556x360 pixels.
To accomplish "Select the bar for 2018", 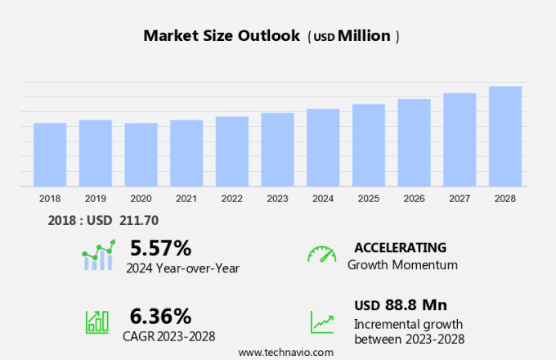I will coord(50,155).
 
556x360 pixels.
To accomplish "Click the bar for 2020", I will coord(141,155).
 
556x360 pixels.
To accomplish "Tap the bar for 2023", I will coord(277,150).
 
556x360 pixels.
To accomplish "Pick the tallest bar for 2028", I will coord(505,137).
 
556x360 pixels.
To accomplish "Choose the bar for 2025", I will coord(369,145).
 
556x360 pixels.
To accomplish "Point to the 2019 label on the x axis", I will coord(95,198).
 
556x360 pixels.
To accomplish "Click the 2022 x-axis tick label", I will coord(231,198).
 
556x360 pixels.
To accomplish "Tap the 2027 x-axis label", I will coord(460,198).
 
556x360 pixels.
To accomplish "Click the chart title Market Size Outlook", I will coord(222,36).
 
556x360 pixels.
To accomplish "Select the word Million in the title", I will coord(364,36).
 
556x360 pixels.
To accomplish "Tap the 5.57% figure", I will coord(160,248).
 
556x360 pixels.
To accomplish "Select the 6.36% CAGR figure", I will coord(160,316).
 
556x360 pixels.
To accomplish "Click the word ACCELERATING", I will coord(400,248).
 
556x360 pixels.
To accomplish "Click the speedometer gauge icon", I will coord(321,254).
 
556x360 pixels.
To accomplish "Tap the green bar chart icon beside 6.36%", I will coord(97,322).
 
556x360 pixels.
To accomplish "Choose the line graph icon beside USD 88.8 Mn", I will coord(321,322).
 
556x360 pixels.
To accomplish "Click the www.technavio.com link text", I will coord(285,352).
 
